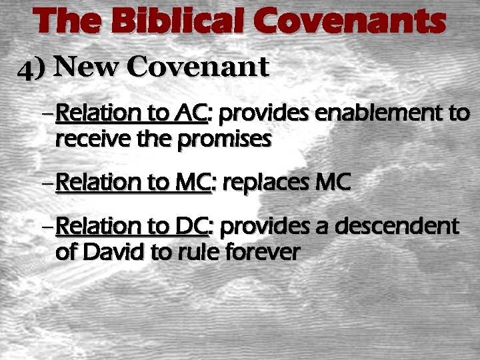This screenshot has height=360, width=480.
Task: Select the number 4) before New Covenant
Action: click(35, 68)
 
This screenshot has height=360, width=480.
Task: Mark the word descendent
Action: click(394, 227)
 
